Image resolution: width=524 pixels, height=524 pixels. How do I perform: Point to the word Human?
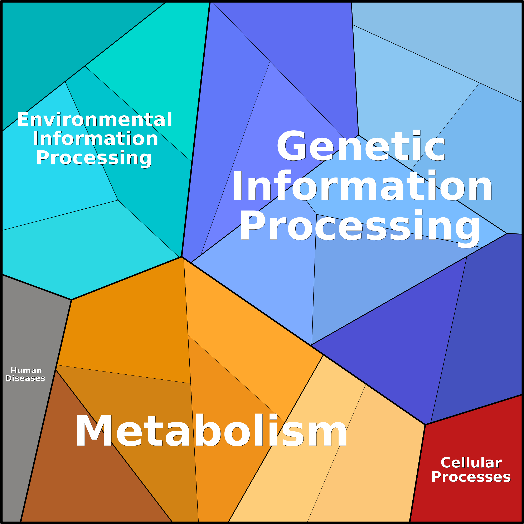tap(26, 370)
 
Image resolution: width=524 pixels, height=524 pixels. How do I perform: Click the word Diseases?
tap(25, 378)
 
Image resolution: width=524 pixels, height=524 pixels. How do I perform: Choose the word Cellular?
tap(471, 463)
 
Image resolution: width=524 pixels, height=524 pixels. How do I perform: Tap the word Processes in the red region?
tap(471, 477)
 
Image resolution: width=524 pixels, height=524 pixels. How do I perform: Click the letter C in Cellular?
tap(446, 463)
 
